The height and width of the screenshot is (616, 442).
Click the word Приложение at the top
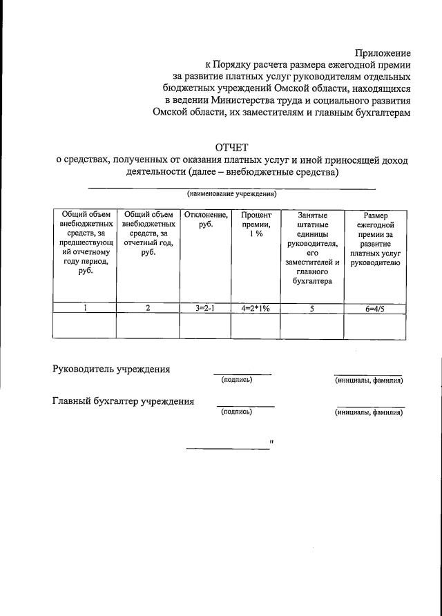[x=383, y=52]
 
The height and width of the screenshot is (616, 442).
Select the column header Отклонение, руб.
[x=205, y=220]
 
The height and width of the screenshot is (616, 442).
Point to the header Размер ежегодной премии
[x=375, y=239]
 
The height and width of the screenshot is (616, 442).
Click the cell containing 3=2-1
[x=205, y=309]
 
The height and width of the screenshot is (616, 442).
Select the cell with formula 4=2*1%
[x=256, y=309]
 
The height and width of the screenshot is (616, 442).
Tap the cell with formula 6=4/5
[x=375, y=309]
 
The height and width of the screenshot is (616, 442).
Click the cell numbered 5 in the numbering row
[x=312, y=309]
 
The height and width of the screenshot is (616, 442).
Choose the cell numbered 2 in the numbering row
[x=148, y=309]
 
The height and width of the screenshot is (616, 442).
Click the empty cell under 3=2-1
[x=205, y=326]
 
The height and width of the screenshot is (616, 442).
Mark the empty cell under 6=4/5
[x=375, y=326]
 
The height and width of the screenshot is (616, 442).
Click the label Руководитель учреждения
[x=111, y=369]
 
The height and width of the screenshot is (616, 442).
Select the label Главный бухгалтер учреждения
[x=124, y=401]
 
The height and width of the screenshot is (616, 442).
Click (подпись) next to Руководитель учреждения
[x=237, y=380]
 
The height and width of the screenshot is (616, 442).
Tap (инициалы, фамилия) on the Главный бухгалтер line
[x=369, y=412]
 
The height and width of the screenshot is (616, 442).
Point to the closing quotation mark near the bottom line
[x=272, y=441]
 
